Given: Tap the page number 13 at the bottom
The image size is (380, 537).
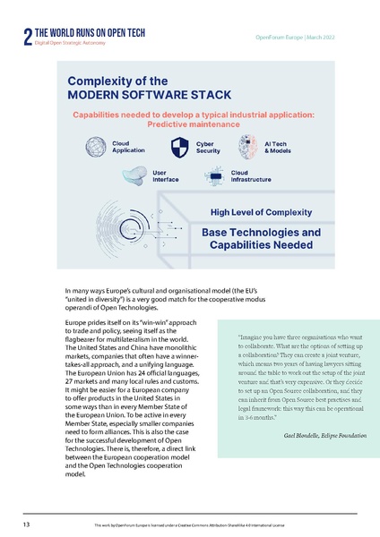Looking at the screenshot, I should [x=28, y=522].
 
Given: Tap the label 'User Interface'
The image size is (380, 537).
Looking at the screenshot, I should [x=166, y=175].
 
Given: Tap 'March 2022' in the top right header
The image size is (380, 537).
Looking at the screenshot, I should [x=327, y=36].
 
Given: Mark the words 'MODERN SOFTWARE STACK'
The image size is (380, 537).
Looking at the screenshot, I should [x=149, y=94].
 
